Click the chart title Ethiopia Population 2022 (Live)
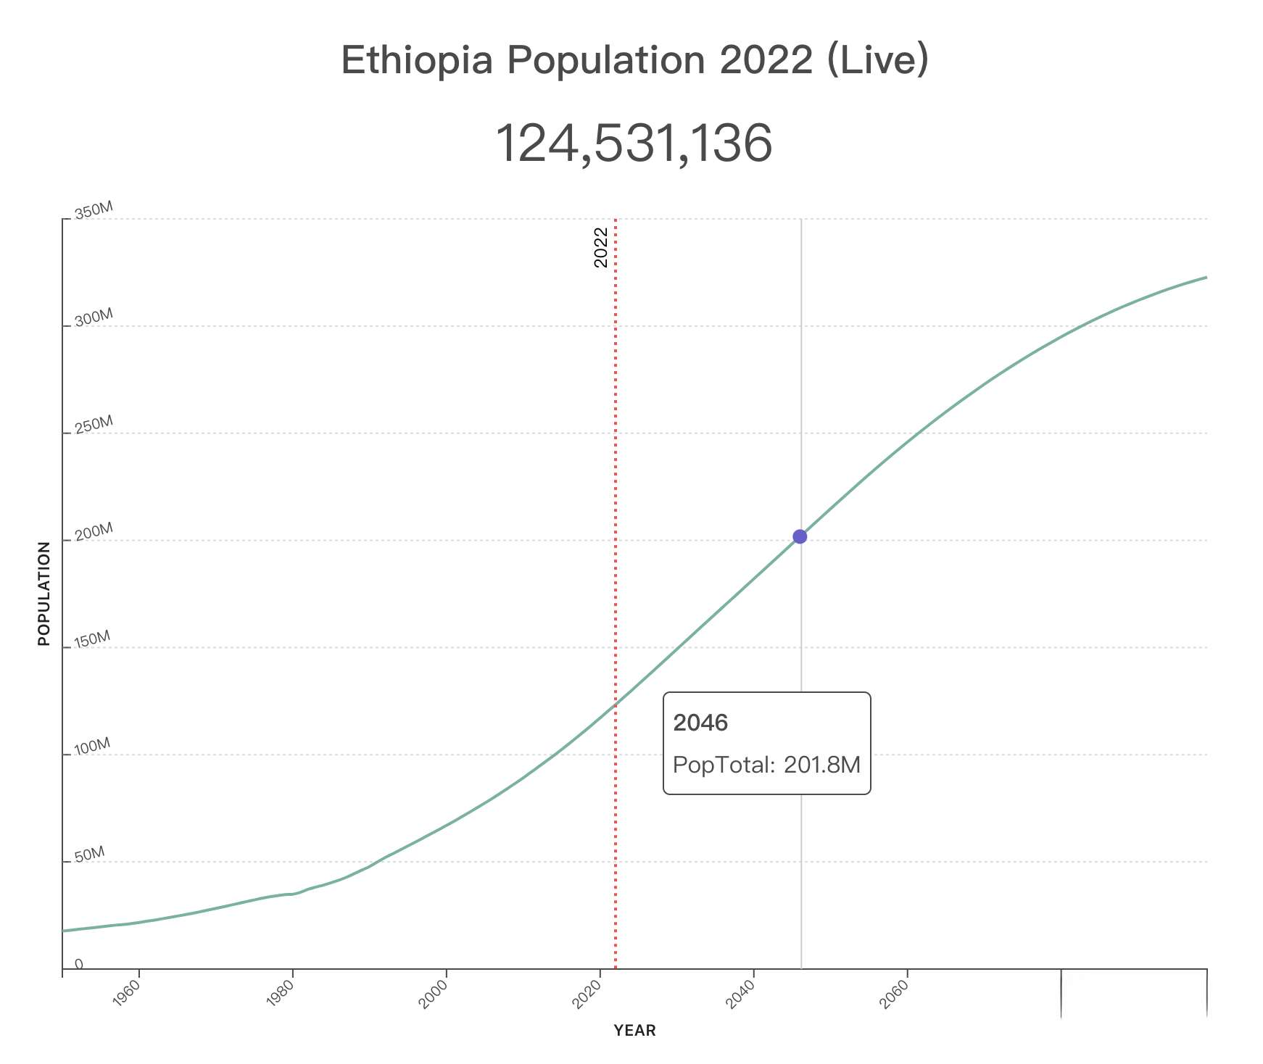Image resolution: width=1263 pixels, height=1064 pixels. [634, 60]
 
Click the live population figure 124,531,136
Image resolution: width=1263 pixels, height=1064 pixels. [633, 144]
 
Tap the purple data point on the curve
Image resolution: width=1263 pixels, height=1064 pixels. [800, 536]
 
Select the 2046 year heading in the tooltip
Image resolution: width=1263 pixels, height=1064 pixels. [700, 723]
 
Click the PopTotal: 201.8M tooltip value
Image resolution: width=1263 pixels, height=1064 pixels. [766, 765]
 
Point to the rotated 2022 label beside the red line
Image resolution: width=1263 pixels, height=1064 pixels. [601, 247]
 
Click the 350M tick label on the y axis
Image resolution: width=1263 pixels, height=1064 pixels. [94, 211]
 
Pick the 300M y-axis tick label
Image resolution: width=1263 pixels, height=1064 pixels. [94, 317]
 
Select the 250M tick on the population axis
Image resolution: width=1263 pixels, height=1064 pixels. [94, 425]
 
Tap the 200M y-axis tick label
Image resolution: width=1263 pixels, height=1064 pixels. [94, 532]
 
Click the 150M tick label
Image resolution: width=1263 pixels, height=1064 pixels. [93, 639]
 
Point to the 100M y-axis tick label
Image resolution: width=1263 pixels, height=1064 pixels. [93, 747]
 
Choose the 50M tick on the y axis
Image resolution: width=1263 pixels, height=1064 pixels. [90, 854]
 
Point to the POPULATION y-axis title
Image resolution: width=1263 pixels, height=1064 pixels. [44, 594]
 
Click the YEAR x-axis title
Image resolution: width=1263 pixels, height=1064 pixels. [634, 1031]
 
